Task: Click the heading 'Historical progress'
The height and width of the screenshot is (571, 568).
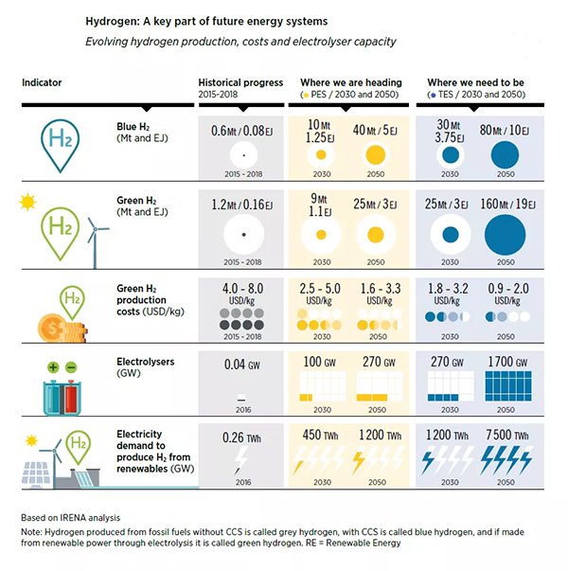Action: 240,82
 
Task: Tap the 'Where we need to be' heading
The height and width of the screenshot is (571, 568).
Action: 475,82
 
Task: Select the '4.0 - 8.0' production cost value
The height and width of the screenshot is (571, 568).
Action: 243,288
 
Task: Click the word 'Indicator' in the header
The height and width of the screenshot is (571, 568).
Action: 42,82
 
